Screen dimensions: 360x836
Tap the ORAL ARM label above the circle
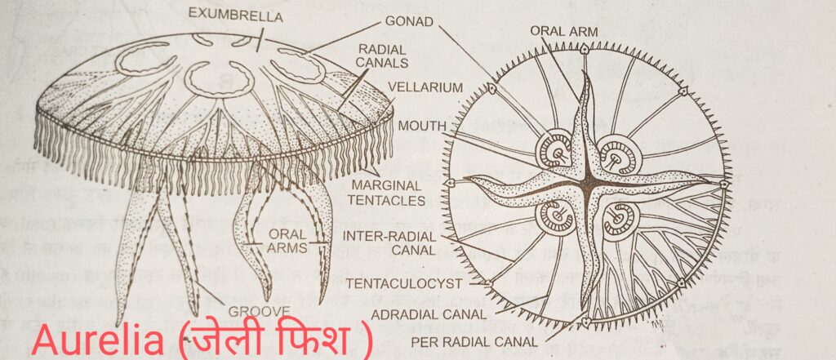(x=565, y=31)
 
